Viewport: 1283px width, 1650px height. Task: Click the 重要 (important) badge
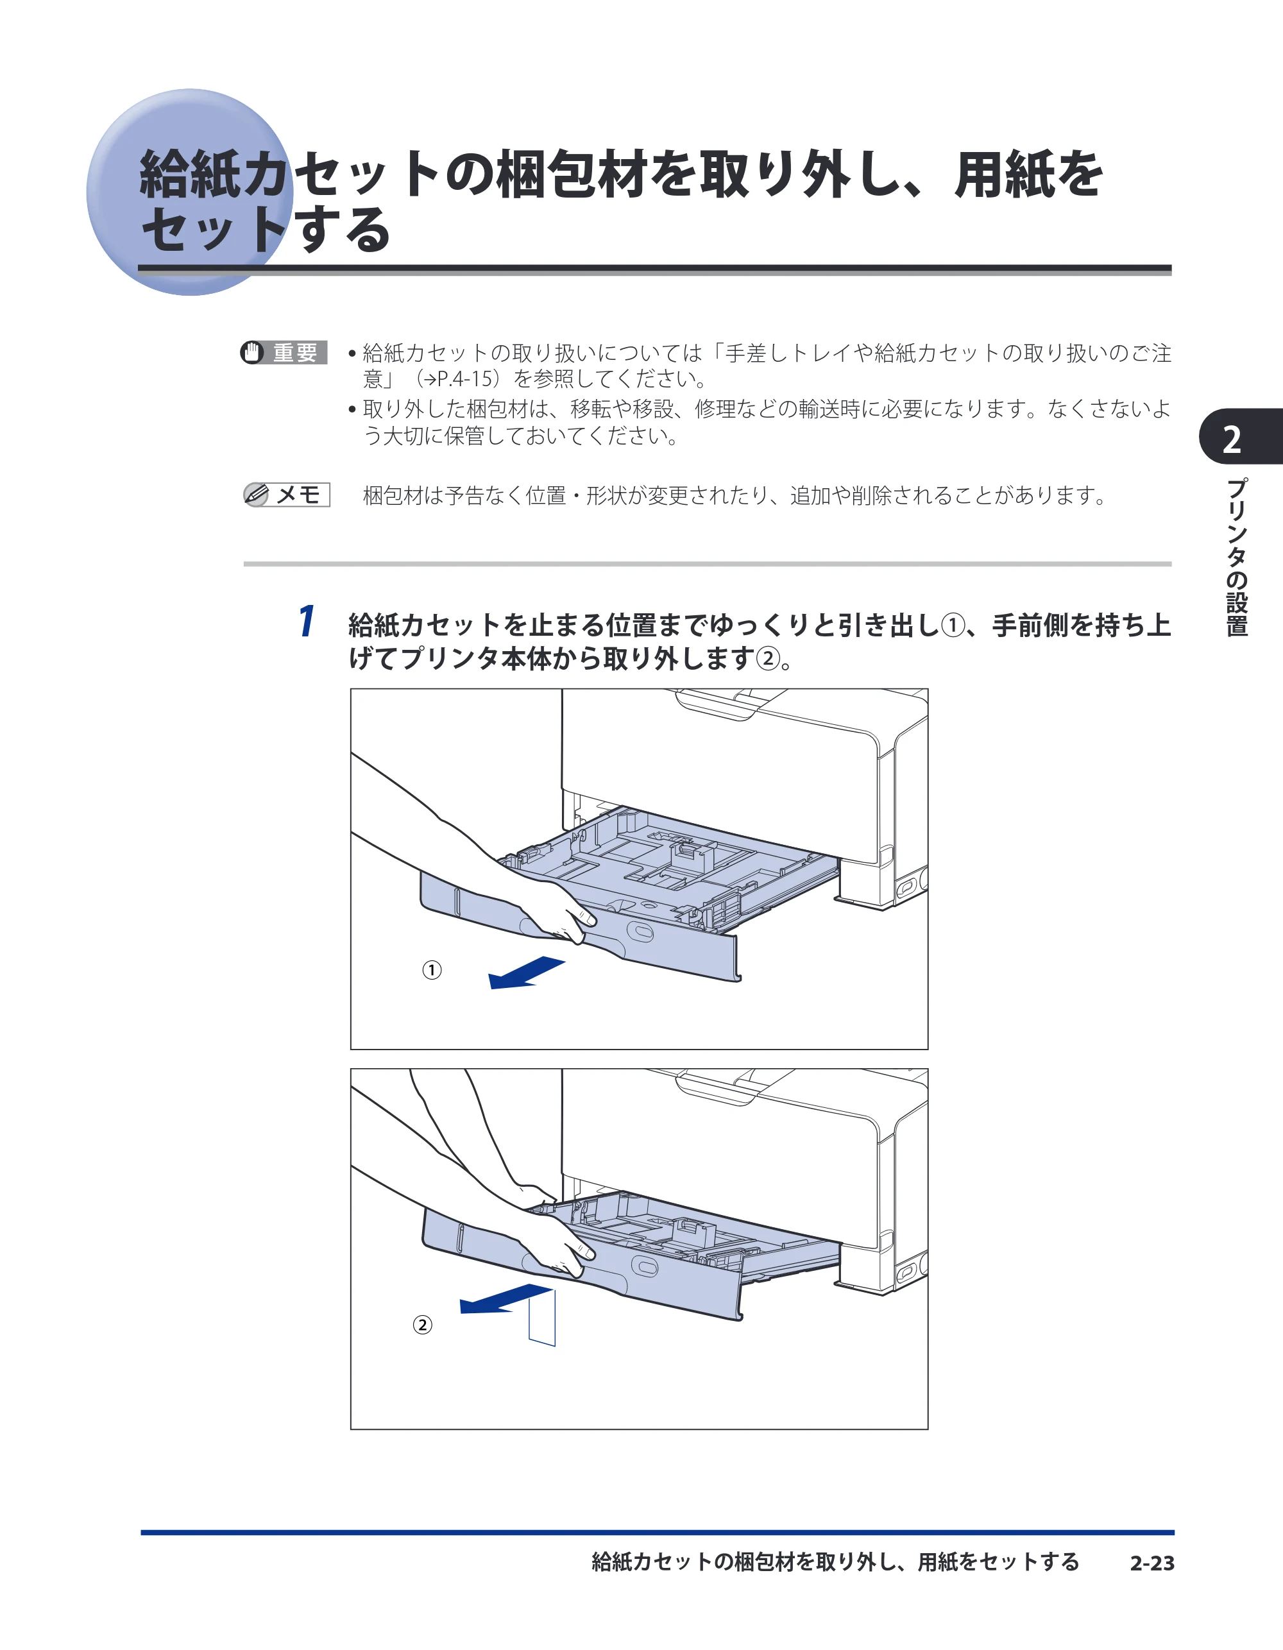point(284,352)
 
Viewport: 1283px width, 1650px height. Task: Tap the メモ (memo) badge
point(286,495)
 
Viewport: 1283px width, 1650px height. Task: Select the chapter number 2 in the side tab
point(1232,439)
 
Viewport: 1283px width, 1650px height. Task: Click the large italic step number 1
point(306,621)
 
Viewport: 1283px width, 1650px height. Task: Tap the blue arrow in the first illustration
point(527,973)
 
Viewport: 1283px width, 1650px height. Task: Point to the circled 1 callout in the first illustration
point(432,970)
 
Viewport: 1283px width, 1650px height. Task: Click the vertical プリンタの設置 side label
point(1236,557)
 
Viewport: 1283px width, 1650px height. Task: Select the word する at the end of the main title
point(344,230)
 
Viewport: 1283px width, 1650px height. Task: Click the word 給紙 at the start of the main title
point(189,174)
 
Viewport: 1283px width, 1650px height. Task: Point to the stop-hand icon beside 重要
point(252,352)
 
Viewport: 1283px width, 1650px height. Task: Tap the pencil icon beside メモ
point(256,495)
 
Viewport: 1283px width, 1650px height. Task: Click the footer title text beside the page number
point(836,1562)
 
